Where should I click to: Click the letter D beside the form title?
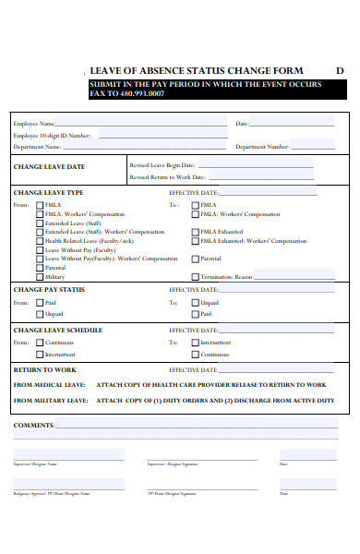pyautogui.click(x=339, y=71)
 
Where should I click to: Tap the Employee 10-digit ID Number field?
pyautogui.click(x=162, y=135)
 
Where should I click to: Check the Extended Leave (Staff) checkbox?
pyautogui.click(x=40, y=223)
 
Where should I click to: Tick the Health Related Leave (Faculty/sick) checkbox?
pyautogui.click(x=40, y=241)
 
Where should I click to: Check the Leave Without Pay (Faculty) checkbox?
pyautogui.click(x=40, y=250)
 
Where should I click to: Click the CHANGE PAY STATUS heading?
pyautogui.click(x=49, y=290)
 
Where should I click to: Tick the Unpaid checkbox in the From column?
pyautogui.click(x=40, y=314)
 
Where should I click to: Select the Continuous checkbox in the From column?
pyautogui.click(x=40, y=343)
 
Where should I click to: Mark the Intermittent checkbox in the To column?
pyautogui.click(x=195, y=343)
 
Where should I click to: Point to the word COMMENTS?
pyautogui.click(x=33, y=425)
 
